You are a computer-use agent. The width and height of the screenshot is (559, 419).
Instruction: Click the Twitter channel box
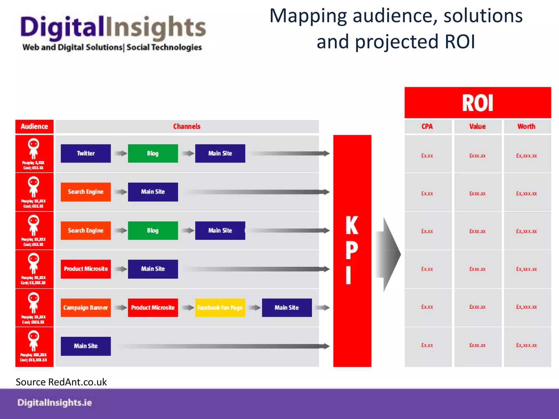[86, 153]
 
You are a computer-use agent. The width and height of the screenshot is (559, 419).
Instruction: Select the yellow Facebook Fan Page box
[220, 307]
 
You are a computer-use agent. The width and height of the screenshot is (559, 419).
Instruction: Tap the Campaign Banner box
[86, 307]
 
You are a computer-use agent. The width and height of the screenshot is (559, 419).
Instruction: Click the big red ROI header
[477, 103]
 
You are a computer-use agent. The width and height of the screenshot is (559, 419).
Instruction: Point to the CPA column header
[427, 126]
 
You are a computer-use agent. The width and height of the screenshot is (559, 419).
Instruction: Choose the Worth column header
[526, 126]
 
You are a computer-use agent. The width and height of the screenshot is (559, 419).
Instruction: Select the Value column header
[477, 126]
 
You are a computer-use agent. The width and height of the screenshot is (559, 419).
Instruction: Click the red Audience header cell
[34, 126]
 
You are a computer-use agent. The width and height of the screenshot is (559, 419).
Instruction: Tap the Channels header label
[187, 126]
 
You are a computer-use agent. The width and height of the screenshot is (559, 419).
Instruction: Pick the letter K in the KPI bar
[352, 225]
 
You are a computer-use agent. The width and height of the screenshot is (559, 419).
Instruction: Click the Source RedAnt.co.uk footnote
[61, 382]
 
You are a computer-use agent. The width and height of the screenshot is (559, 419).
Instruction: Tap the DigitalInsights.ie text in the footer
[55, 403]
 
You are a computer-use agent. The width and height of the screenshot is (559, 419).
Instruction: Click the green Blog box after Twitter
[153, 153]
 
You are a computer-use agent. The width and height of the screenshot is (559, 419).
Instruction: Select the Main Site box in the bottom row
[86, 346]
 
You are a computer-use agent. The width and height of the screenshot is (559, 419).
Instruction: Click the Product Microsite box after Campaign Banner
[153, 307]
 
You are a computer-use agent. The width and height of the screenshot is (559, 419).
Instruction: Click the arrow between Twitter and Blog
[120, 153]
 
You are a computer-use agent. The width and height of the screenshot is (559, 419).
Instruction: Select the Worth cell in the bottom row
[526, 345]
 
